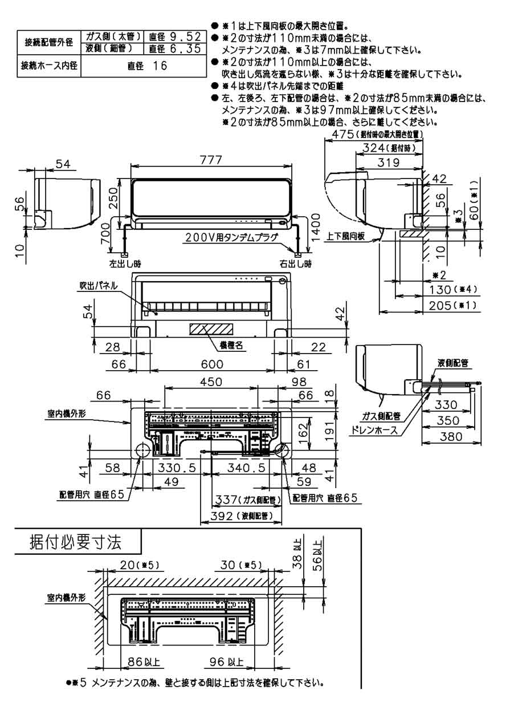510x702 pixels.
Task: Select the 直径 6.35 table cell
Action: pos(174,49)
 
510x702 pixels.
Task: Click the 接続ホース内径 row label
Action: pos(48,66)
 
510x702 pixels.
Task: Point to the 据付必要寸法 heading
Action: pos(75,542)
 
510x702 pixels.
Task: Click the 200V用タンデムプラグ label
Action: pos(231,238)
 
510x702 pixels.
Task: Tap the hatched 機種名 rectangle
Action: pos(211,330)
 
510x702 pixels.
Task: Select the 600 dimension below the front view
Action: pos(212,364)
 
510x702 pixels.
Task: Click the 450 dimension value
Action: pos(211,382)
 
